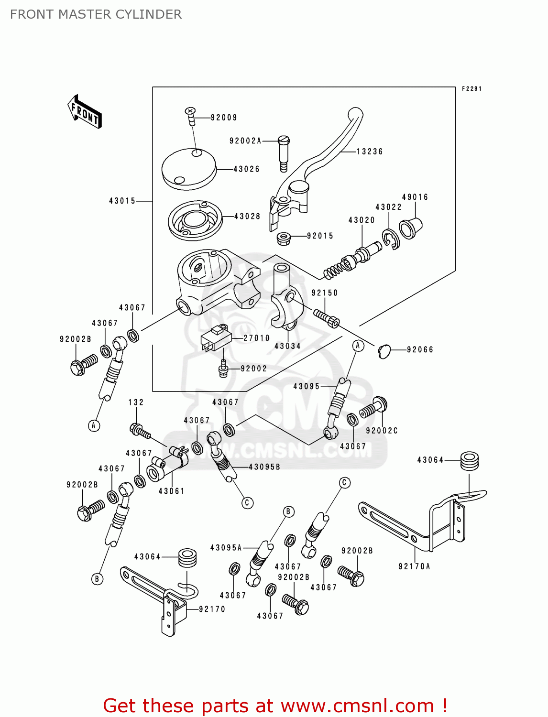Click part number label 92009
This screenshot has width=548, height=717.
click(224, 118)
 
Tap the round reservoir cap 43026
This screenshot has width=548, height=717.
click(187, 168)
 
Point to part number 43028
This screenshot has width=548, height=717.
click(247, 217)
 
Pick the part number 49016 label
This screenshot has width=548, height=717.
click(415, 197)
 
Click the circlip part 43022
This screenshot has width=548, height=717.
click(390, 239)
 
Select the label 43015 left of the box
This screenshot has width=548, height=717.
click(122, 201)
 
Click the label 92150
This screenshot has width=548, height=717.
click(324, 293)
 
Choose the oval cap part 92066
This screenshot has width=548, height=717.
click(384, 351)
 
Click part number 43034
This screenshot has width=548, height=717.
click(287, 346)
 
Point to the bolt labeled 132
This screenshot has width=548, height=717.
click(139, 430)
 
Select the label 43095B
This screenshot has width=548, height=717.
click(264, 467)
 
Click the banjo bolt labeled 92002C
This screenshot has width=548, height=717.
click(374, 408)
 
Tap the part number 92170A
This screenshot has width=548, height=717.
click(414, 566)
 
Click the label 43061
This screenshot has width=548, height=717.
click(171, 491)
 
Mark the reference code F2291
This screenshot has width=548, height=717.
click(471, 89)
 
